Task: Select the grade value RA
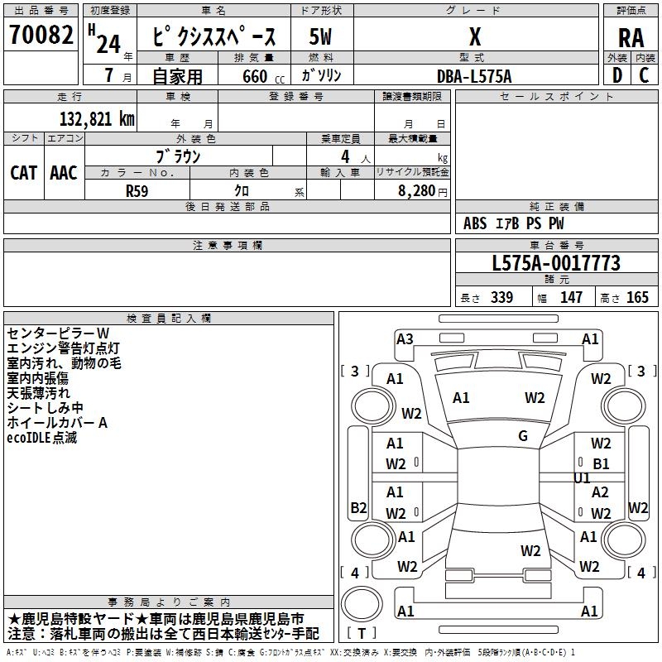pyautogui.click(x=631, y=38)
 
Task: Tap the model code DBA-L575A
pyautogui.click(x=474, y=76)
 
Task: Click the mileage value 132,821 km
pyautogui.click(x=96, y=118)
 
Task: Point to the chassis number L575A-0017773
pyautogui.click(x=555, y=264)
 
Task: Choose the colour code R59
pyautogui.click(x=137, y=190)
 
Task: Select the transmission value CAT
pyautogui.click(x=23, y=172)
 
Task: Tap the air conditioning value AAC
pyautogui.click(x=63, y=172)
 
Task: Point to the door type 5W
pyautogui.click(x=321, y=37)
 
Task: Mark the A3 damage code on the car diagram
pyautogui.click(x=405, y=338)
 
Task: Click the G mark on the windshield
pyautogui.click(x=523, y=436)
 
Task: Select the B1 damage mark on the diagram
pyautogui.click(x=601, y=464)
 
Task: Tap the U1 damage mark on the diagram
pyautogui.click(x=583, y=478)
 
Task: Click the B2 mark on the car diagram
pyautogui.click(x=358, y=507)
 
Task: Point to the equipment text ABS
pyautogui.click(x=475, y=223)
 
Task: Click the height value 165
pyautogui.click(x=637, y=298)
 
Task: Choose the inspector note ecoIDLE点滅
pyautogui.click(x=41, y=438)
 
